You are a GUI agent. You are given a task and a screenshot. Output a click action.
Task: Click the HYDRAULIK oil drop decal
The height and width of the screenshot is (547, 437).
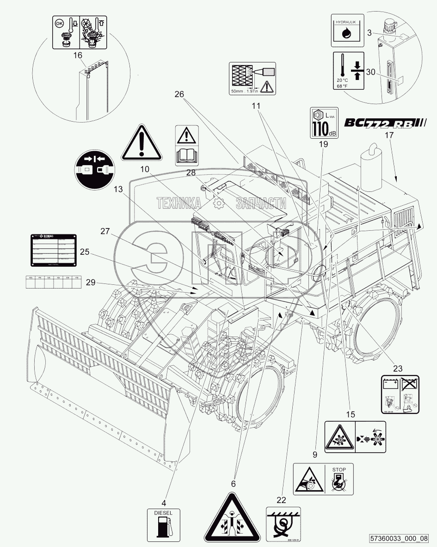point(347,31)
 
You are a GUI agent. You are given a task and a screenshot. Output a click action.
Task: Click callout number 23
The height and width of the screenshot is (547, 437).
point(397,369)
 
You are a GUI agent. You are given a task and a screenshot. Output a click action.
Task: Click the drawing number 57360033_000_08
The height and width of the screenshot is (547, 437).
point(399,538)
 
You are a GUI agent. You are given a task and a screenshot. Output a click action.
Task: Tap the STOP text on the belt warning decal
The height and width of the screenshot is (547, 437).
point(339,469)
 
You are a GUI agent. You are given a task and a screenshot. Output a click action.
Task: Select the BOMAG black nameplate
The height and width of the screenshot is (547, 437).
point(53,250)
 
